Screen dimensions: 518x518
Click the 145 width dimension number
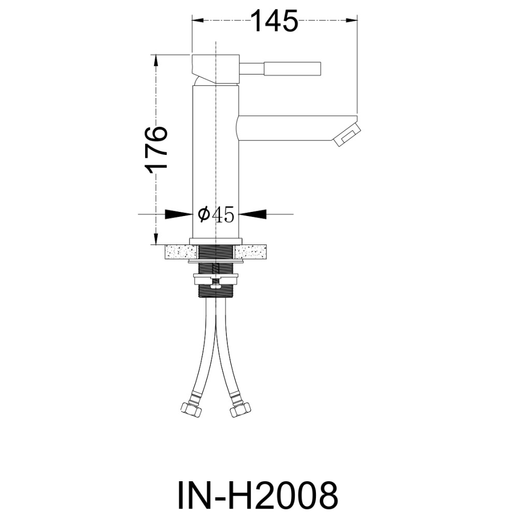pyautogui.click(x=275, y=21)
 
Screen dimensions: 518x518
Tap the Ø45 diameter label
pyautogui.click(x=215, y=214)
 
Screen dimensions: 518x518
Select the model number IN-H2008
pyautogui.click(x=258, y=495)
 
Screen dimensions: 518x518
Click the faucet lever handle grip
pyautogui.click(x=292, y=69)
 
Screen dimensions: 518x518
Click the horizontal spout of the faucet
pyautogui.click(x=297, y=128)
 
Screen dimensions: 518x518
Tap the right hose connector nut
pyautogui.click(x=239, y=410)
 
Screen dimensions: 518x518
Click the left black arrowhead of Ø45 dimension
pyautogui.click(x=179, y=214)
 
